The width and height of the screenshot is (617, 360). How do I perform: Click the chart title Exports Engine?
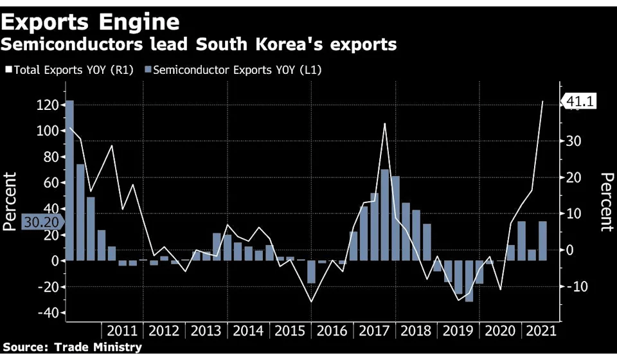tap(91, 22)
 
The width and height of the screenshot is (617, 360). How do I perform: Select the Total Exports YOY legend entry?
tap(69, 69)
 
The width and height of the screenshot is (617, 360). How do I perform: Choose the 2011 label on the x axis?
tap(122, 331)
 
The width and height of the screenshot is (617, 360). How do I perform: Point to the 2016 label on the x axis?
tap(331, 331)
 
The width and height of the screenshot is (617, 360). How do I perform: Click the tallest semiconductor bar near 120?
tap(69, 180)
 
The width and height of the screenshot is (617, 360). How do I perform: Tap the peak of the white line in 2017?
tap(384, 123)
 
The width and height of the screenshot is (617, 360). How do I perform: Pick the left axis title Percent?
tap(10, 201)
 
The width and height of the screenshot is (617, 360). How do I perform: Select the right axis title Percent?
tap(606, 201)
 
